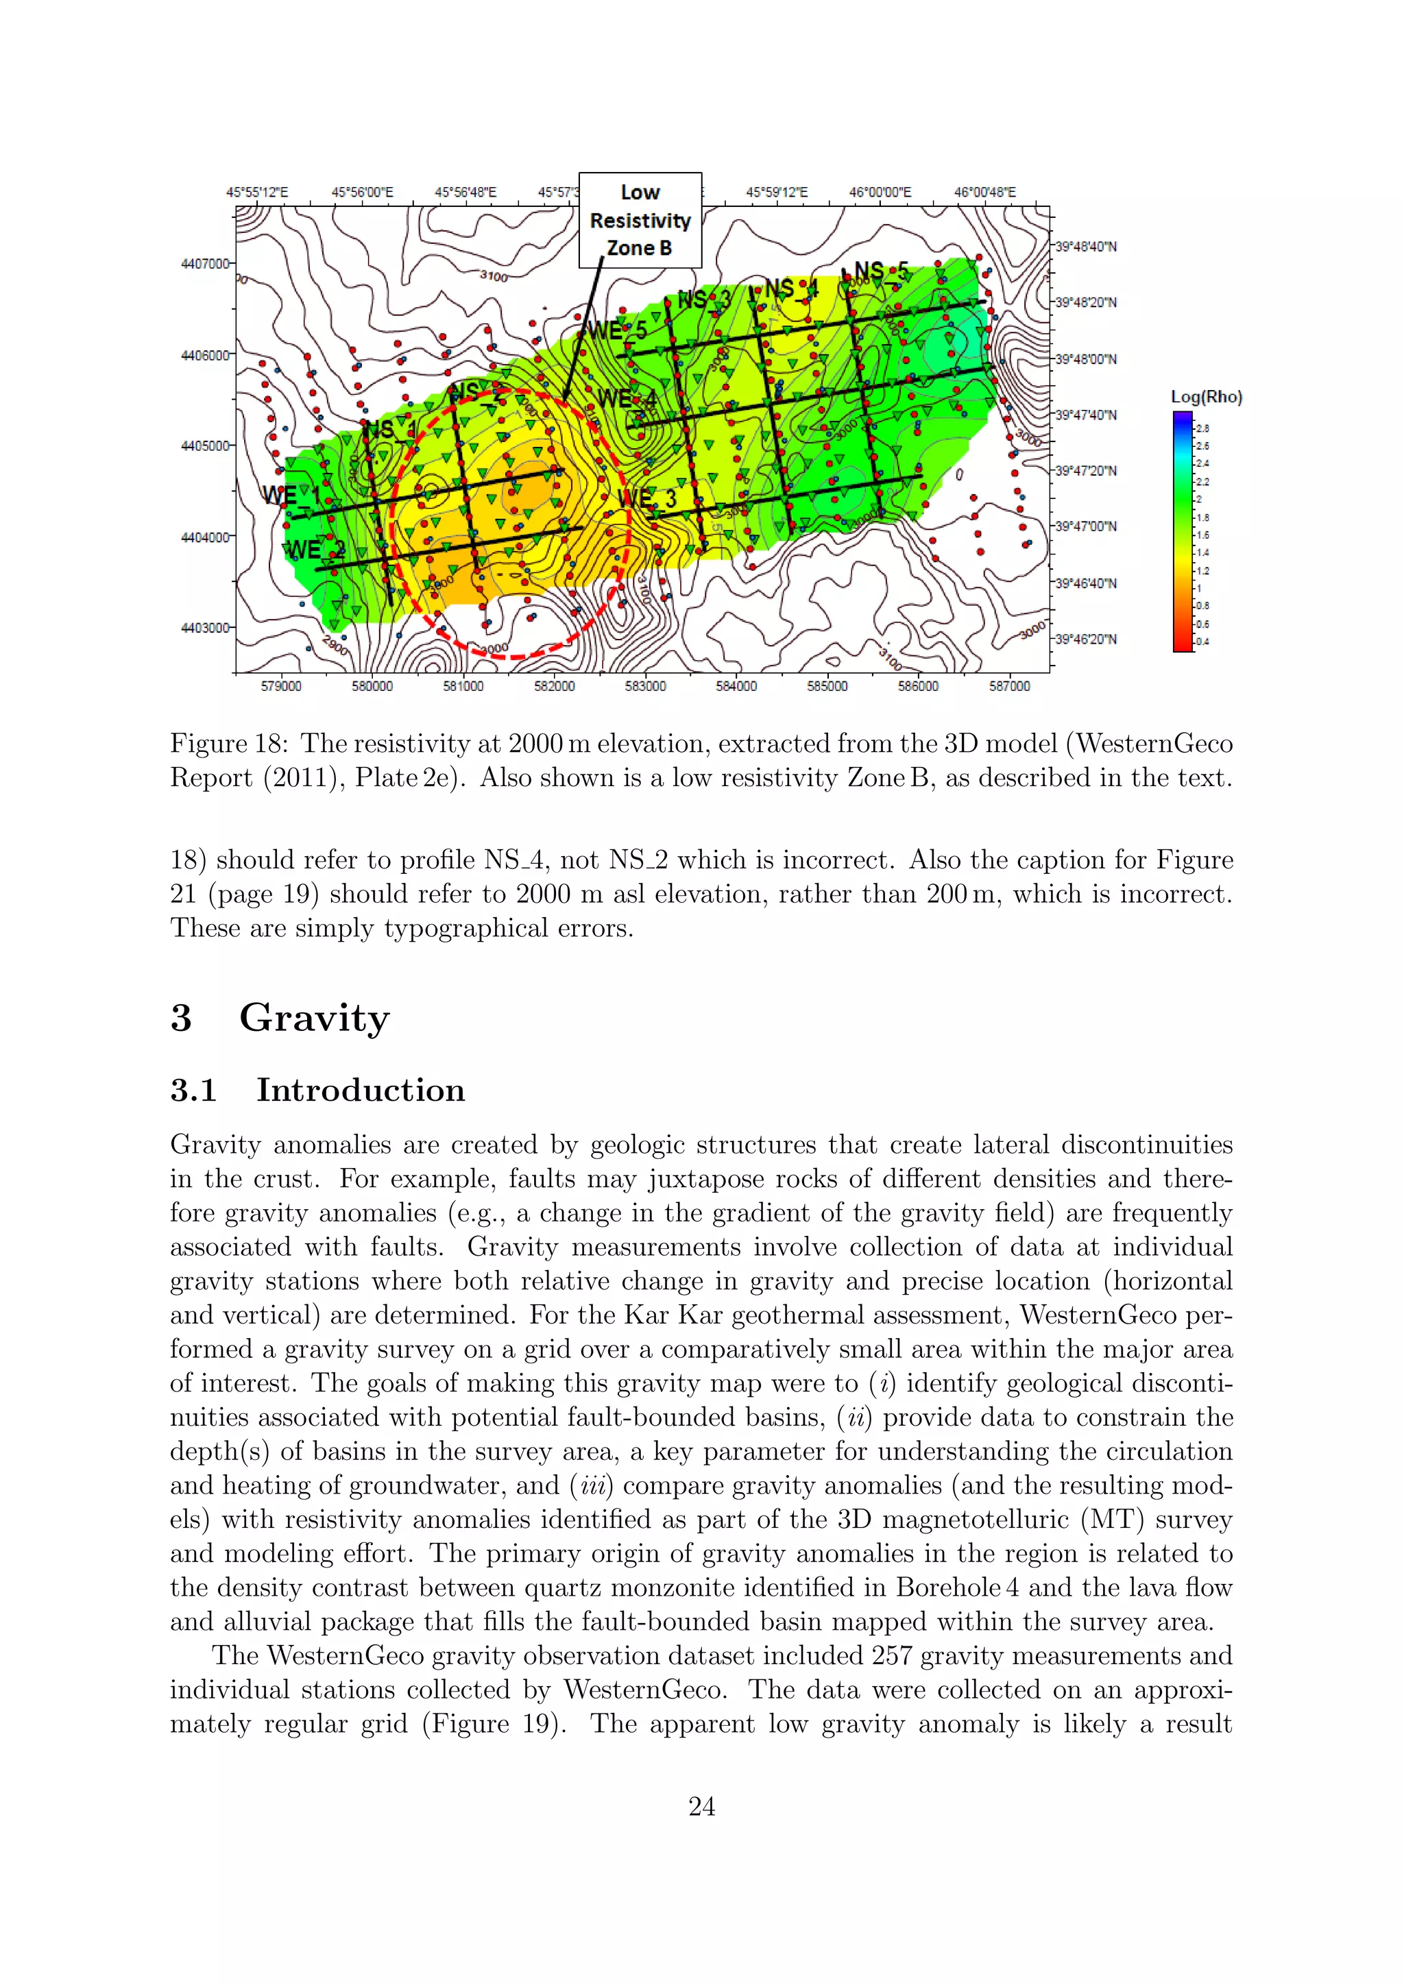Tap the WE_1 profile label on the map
pyautogui.click(x=291, y=496)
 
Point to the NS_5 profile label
pyautogui.click(x=881, y=271)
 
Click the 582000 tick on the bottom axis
pyautogui.click(x=554, y=686)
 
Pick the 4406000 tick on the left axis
pyautogui.click(x=205, y=355)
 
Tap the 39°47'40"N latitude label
pyautogui.click(x=1086, y=415)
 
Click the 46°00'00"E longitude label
pyautogui.click(x=880, y=192)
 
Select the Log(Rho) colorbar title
pyautogui.click(x=1206, y=397)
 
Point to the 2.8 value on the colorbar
pyautogui.click(x=1202, y=428)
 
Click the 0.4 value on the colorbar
pyautogui.click(x=1202, y=642)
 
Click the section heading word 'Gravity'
pyautogui.click(x=314, y=1018)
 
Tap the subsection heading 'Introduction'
pyautogui.click(x=361, y=1091)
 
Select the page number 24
pyautogui.click(x=701, y=1806)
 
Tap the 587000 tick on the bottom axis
pyautogui.click(x=1009, y=686)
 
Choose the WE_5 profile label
pyautogui.click(x=616, y=330)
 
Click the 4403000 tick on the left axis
pyautogui.click(x=205, y=628)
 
